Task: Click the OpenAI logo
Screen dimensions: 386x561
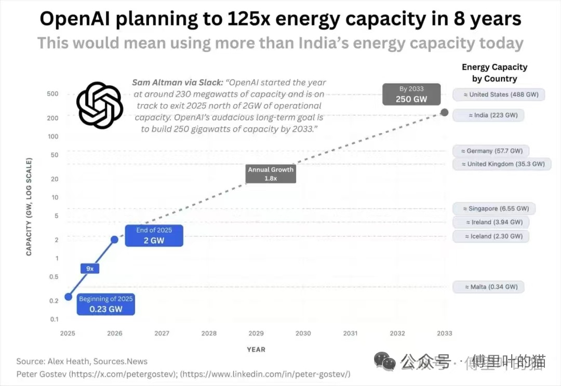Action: coord(99,105)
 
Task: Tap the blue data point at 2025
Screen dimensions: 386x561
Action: coord(68,297)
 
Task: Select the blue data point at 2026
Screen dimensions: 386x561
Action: coord(115,239)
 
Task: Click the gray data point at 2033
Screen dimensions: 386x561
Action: coord(444,112)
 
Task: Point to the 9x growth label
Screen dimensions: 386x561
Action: coord(90,269)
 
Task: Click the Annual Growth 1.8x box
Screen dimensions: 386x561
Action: coord(271,174)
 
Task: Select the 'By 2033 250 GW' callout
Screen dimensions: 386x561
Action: coord(411,94)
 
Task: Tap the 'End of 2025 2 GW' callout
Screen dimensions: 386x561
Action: coord(154,235)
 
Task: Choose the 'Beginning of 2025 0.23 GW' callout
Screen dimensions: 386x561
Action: coord(106,304)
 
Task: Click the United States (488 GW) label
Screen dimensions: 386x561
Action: coord(498,95)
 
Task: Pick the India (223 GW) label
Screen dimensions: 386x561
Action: coord(488,115)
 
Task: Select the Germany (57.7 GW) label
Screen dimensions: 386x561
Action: coord(490,151)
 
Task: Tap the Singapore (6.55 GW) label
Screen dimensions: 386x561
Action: coord(494,208)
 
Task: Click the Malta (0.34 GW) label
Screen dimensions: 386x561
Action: coord(488,287)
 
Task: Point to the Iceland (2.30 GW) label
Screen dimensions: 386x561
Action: coord(490,236)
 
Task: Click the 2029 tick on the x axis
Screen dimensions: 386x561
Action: coord(256,333)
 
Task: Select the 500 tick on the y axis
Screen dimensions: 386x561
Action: coord(52,94)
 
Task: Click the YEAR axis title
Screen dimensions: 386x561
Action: coord(256,350)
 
